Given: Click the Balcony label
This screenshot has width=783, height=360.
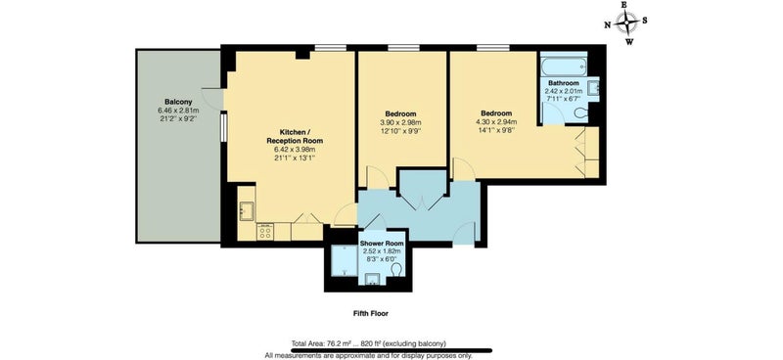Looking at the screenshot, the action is point(178,102).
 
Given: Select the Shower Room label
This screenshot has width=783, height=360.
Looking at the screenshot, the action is point(382,244).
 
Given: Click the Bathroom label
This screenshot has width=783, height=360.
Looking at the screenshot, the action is point(564,83).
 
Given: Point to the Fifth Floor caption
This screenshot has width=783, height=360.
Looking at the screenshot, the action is point(370,314).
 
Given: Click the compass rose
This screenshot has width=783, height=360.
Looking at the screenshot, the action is point(626,22).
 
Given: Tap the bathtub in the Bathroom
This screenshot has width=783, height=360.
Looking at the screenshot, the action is point(564,65).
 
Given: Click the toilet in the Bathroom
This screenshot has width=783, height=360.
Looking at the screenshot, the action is point(581,113).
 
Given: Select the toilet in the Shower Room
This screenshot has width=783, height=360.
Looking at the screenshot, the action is point(397,270).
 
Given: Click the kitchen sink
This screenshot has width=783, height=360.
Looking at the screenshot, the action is point(247,210).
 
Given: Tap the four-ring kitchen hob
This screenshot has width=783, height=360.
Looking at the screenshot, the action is point(265,232).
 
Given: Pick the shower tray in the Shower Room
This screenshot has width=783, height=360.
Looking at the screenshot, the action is point(345,260).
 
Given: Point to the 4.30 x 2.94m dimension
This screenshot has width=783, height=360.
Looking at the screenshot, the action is point(496,122).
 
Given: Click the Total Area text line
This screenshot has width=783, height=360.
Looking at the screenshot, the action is point(369,343).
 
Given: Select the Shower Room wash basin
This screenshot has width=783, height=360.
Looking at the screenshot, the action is point(373,279).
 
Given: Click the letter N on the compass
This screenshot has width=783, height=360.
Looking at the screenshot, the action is point(607,25).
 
